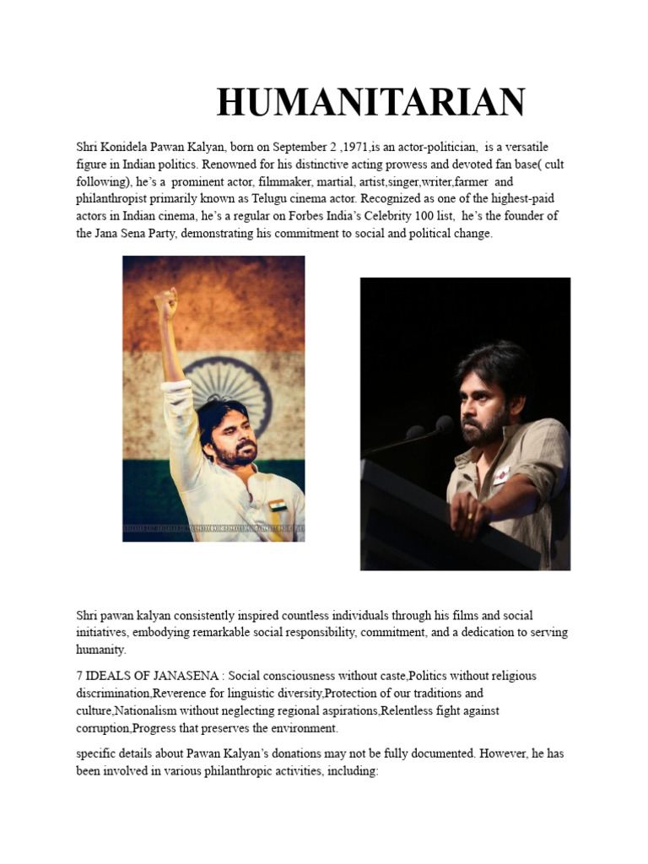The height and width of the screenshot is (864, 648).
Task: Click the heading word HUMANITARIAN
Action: point(371,103)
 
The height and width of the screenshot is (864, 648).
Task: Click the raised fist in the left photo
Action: point(166,302)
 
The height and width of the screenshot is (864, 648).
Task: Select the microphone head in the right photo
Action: point(444,424)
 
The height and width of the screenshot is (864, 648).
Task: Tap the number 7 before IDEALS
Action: point(79,676)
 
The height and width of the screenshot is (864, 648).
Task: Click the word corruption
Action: point(102,727)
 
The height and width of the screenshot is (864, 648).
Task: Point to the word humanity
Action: point(100,650)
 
